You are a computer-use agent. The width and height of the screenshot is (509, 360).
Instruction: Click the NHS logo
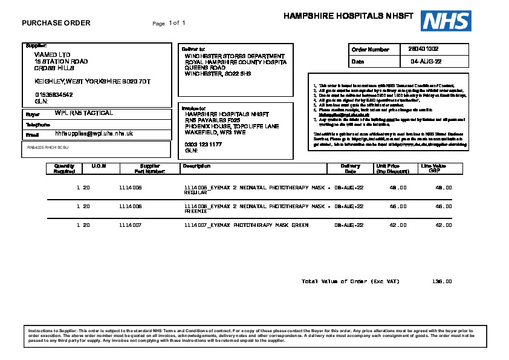446,21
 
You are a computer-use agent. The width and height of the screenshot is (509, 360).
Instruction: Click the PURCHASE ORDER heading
56,23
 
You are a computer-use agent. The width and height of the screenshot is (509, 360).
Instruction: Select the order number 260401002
423,49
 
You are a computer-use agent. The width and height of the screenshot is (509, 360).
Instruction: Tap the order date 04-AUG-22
426,62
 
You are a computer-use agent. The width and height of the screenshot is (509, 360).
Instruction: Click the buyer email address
94,133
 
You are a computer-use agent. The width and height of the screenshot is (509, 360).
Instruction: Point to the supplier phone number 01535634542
54,94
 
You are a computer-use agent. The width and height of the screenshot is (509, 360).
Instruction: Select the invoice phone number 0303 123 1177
203,145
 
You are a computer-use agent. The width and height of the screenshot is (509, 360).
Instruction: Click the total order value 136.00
442,281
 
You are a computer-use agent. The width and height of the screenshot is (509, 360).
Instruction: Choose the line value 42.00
444,225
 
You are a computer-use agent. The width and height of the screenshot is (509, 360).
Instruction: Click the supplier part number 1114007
130,225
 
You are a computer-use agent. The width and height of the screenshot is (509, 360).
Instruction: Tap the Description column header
196,166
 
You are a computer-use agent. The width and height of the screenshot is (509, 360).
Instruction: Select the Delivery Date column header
350,168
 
